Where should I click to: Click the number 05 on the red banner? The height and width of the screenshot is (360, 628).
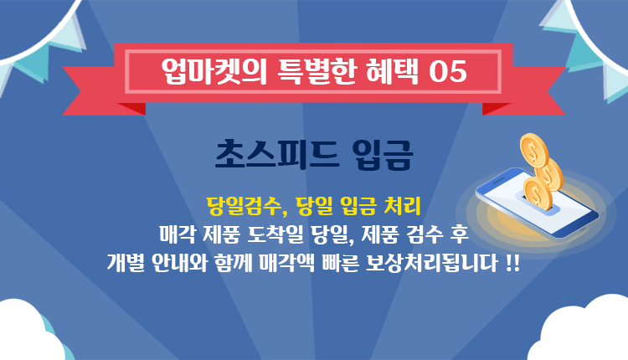coord(448,72)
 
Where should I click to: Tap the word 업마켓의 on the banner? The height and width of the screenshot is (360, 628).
coord(214,72)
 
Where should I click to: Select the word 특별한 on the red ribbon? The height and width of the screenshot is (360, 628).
coord(317,72)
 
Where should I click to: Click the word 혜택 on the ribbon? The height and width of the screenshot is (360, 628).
coord(392,72)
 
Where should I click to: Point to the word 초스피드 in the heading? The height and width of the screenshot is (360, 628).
coord(277,155)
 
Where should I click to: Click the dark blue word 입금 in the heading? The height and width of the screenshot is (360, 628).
coord(382,155)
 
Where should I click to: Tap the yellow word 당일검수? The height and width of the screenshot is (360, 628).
coord(244,206)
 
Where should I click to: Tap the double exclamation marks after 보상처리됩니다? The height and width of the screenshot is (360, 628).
coord(512,264)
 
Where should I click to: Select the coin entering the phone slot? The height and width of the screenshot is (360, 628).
coord(538,193)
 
